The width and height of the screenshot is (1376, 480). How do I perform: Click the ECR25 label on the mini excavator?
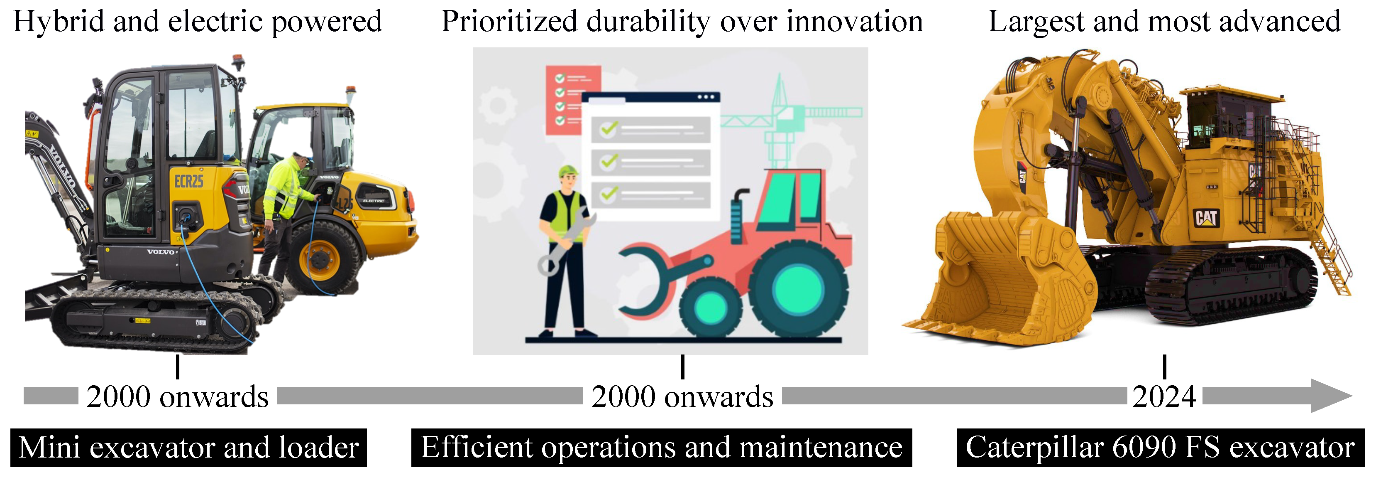pyautogui.click(x=189, y=182)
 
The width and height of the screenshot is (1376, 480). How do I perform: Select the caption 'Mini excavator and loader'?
pyautogui.click(x=188, y=448)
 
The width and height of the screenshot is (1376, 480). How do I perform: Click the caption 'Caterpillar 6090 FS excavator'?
pyautogui.click(x=1160, y=448)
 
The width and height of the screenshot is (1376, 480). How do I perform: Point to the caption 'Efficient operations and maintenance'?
pyautogui.click(x=661, y=448)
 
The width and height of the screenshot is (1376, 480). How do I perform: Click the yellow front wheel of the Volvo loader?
pyautogui.click(x=319, y=259)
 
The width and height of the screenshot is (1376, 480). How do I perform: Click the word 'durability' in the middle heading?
pyautogui.click(x=648, y=22)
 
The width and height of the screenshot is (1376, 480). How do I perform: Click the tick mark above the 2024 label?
pyautogui.click(x=1164, y=367)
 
